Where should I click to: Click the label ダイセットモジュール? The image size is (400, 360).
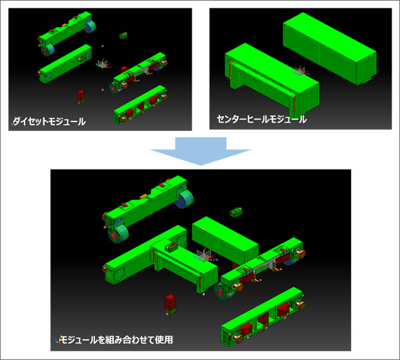pyautogui.click(x=49, y=121)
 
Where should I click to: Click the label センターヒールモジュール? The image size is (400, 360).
pyautogui.click(x=262, y=119)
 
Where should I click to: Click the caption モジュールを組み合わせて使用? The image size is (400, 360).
pyautogui.click(x=116, y=339)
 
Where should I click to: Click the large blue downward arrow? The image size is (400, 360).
pyautogui.click(x=201, y=151)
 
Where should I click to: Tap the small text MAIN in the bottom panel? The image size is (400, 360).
pyautogui.click(x=212, y=260)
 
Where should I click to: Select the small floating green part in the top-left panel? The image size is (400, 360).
pyautogui.click(x=123, y=35)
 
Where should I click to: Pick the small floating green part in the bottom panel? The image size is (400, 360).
pyautogui.click(x=236, y=212)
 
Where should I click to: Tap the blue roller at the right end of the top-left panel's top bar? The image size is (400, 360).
pyautogui.click(x=91, y=26)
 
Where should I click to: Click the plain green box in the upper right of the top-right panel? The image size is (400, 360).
pyautogui.click(x=330, y=48)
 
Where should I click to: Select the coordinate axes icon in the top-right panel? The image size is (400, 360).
pyautogui.click(x=301, y=71)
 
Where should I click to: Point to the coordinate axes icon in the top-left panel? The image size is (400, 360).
pyautogui.click(x=103, y=64)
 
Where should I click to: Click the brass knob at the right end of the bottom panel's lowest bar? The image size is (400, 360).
pyautogui.click(x=300, y=305)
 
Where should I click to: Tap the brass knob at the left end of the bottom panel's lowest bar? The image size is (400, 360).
pyautogui.click(x=238, y=339)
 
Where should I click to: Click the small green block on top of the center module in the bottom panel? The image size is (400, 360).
pyautogui.click(x=171, y=247)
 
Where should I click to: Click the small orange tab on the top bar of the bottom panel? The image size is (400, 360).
pyautogui.click(x=143, y=196)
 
